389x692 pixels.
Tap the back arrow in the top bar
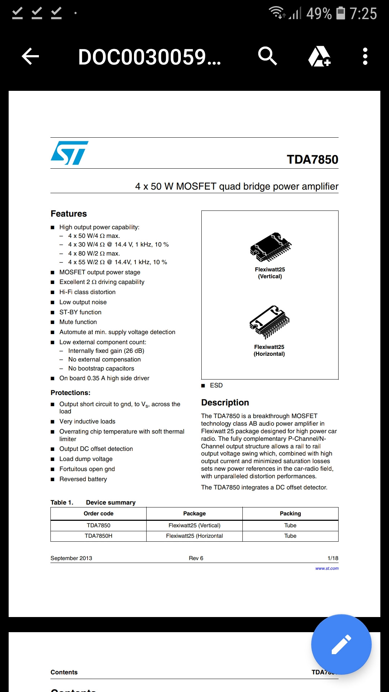(30, 57)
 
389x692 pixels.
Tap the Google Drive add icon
(319, 56)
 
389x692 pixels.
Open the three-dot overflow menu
(365, 56)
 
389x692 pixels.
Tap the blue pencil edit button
(341, 644)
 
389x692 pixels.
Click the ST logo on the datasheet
(70, 153)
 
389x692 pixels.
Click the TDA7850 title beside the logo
(312, 159)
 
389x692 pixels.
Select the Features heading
(69, 214)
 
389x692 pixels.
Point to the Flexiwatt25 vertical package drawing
(270, 247)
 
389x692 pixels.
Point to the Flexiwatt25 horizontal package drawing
(270, 322)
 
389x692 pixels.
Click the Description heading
(225, 403)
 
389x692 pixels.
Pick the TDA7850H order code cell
(98, 536)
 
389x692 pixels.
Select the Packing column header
(290, 514)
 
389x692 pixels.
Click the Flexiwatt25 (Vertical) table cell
(194, 525)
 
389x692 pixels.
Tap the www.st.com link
(327, 568)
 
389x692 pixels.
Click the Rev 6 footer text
(196, 558)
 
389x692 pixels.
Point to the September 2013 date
(71, 558)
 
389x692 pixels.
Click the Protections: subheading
(71, 393)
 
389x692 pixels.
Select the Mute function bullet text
(78, 322)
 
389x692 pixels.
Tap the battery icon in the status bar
(340, 13)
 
